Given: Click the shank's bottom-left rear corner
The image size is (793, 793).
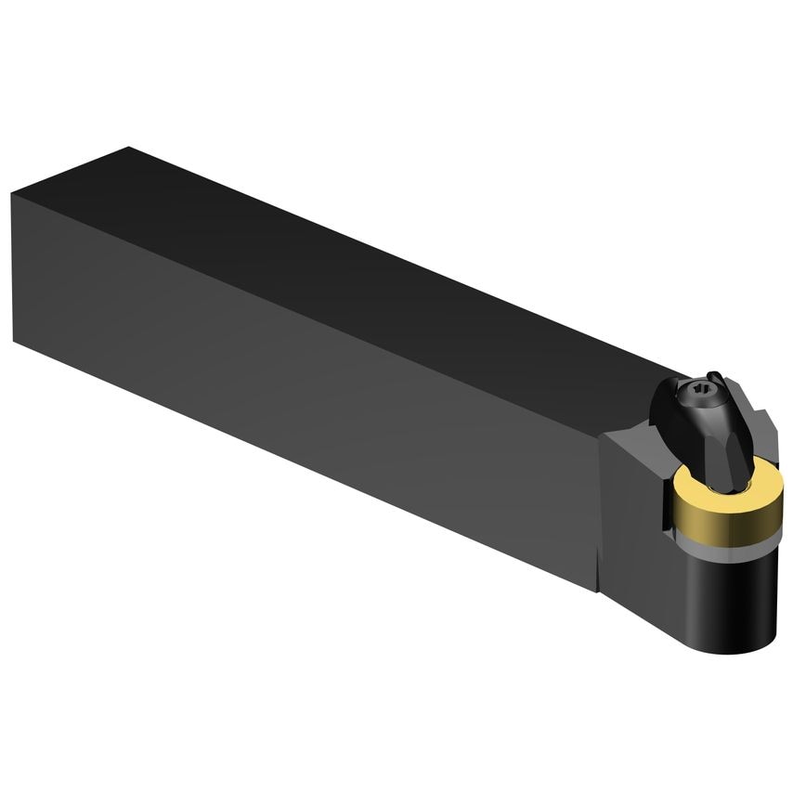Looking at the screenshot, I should pos(14,340).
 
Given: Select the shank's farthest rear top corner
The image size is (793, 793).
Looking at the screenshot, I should pos(130,147).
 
